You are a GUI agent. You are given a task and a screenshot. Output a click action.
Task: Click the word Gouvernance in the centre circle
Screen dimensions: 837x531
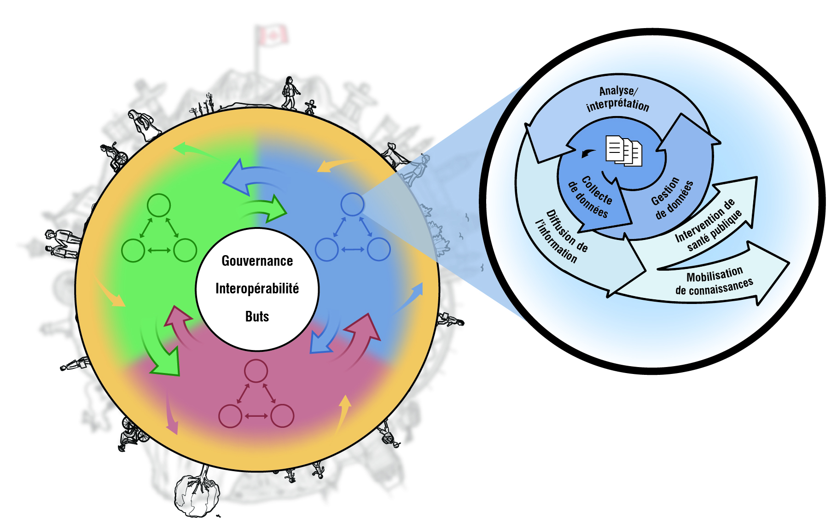[x=257, y=261]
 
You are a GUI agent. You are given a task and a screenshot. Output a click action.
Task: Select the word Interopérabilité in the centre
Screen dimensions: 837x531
[x=257, y=289]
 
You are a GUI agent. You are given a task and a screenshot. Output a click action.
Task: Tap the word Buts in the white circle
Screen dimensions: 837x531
[x=257, y=316]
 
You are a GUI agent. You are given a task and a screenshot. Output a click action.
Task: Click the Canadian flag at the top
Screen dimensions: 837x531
[x=272, y=36]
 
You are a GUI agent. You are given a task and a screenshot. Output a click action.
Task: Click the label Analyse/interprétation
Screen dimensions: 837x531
[x=618, y=99]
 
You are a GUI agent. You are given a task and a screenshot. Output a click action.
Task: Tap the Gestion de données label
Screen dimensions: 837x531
[x=671, y=198]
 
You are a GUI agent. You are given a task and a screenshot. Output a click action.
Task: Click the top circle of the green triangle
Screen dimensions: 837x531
[x=159, y=205]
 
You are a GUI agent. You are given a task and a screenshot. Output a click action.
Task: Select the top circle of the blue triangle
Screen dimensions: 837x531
[x=353, y=204]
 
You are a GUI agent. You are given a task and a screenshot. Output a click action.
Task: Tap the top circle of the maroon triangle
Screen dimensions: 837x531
[x=256, y=371]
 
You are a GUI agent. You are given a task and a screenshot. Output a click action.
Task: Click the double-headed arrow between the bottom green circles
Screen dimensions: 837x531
[x=159, y=250]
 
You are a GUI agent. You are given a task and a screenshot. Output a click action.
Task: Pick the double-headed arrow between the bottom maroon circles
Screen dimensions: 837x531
[x=256, y=416]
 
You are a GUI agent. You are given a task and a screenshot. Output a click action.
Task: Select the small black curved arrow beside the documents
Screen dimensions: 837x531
[x=588, y=153]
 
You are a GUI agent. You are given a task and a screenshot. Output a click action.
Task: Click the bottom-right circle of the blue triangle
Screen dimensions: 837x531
[x=379, y=249]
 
